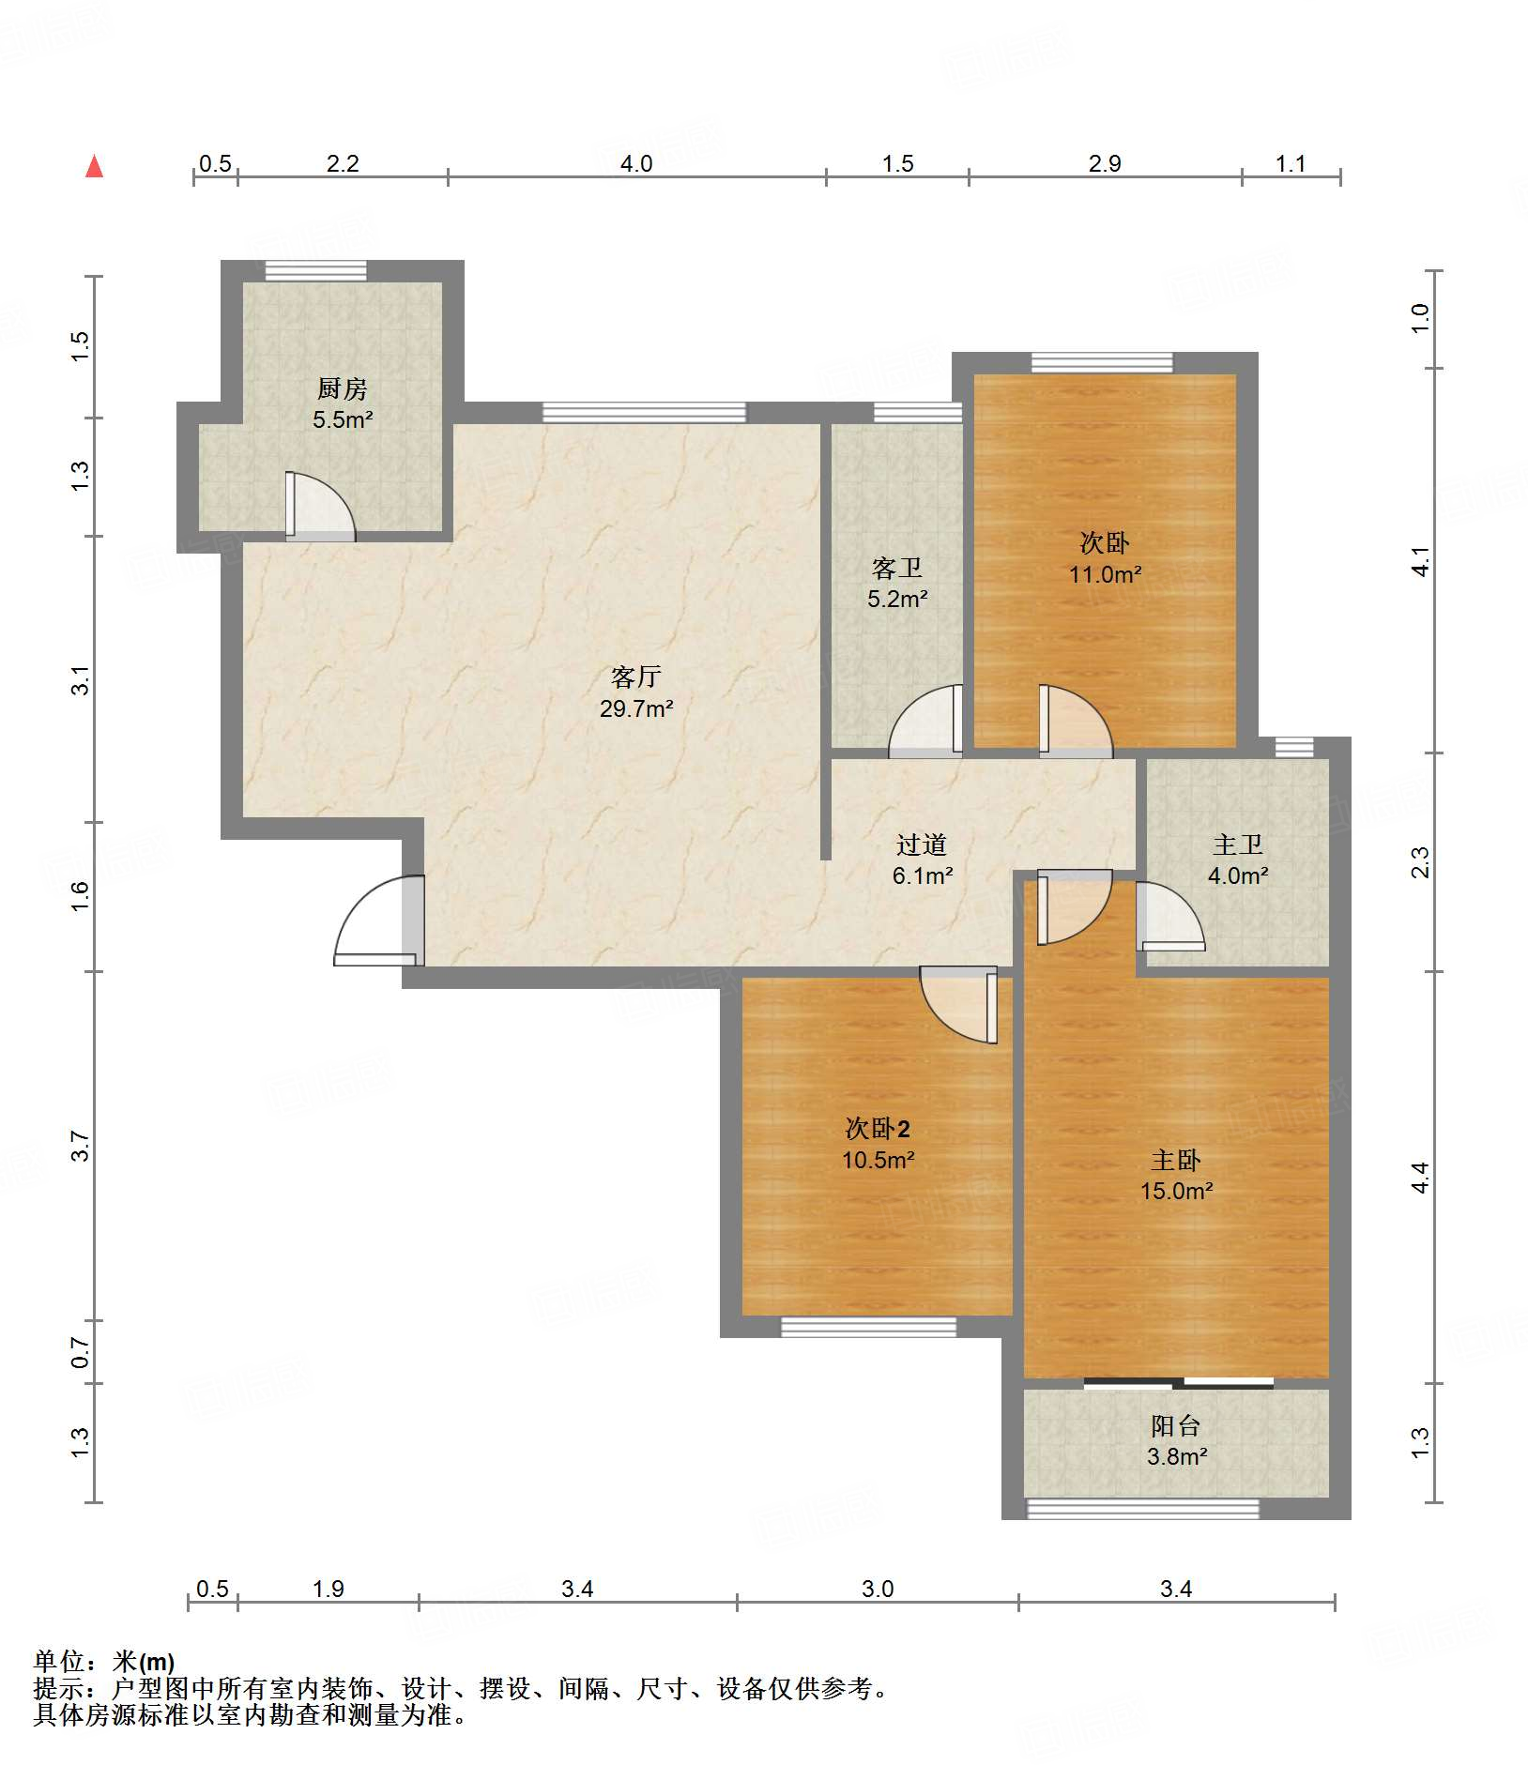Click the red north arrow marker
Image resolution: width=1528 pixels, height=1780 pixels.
pos(94,166)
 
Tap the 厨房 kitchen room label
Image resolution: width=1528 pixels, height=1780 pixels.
pos(342,388)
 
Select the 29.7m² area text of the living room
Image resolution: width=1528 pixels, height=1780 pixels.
pos(636,708)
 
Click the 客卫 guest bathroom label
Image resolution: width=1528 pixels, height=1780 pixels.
pos(897,568)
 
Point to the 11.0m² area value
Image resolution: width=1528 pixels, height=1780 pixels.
pos(1105,574)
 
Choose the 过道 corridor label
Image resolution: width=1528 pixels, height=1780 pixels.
pos(921,844)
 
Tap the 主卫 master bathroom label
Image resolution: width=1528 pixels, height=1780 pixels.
pos(1238,844)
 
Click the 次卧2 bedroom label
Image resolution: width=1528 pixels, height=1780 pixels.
pos(878,1128)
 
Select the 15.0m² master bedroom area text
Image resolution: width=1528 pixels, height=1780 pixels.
pos(1177,1191)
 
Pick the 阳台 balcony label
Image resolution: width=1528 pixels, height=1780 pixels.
pos(1176,1425)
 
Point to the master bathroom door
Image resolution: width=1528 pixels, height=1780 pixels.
pos(1170,917)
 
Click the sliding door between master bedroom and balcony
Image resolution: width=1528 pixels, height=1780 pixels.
pos(1178,1382)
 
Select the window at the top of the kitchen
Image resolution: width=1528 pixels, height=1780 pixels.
pos(315,270)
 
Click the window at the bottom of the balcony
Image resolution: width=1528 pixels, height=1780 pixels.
pos(1142,1509)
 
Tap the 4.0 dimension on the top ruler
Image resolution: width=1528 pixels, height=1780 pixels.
pos(636,164)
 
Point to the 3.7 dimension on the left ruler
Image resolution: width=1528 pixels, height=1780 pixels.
pos(81,1146)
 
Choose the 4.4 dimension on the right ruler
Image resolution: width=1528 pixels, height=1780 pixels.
pos(1421,1177)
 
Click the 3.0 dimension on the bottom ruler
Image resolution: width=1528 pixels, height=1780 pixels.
pos(878,1589)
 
